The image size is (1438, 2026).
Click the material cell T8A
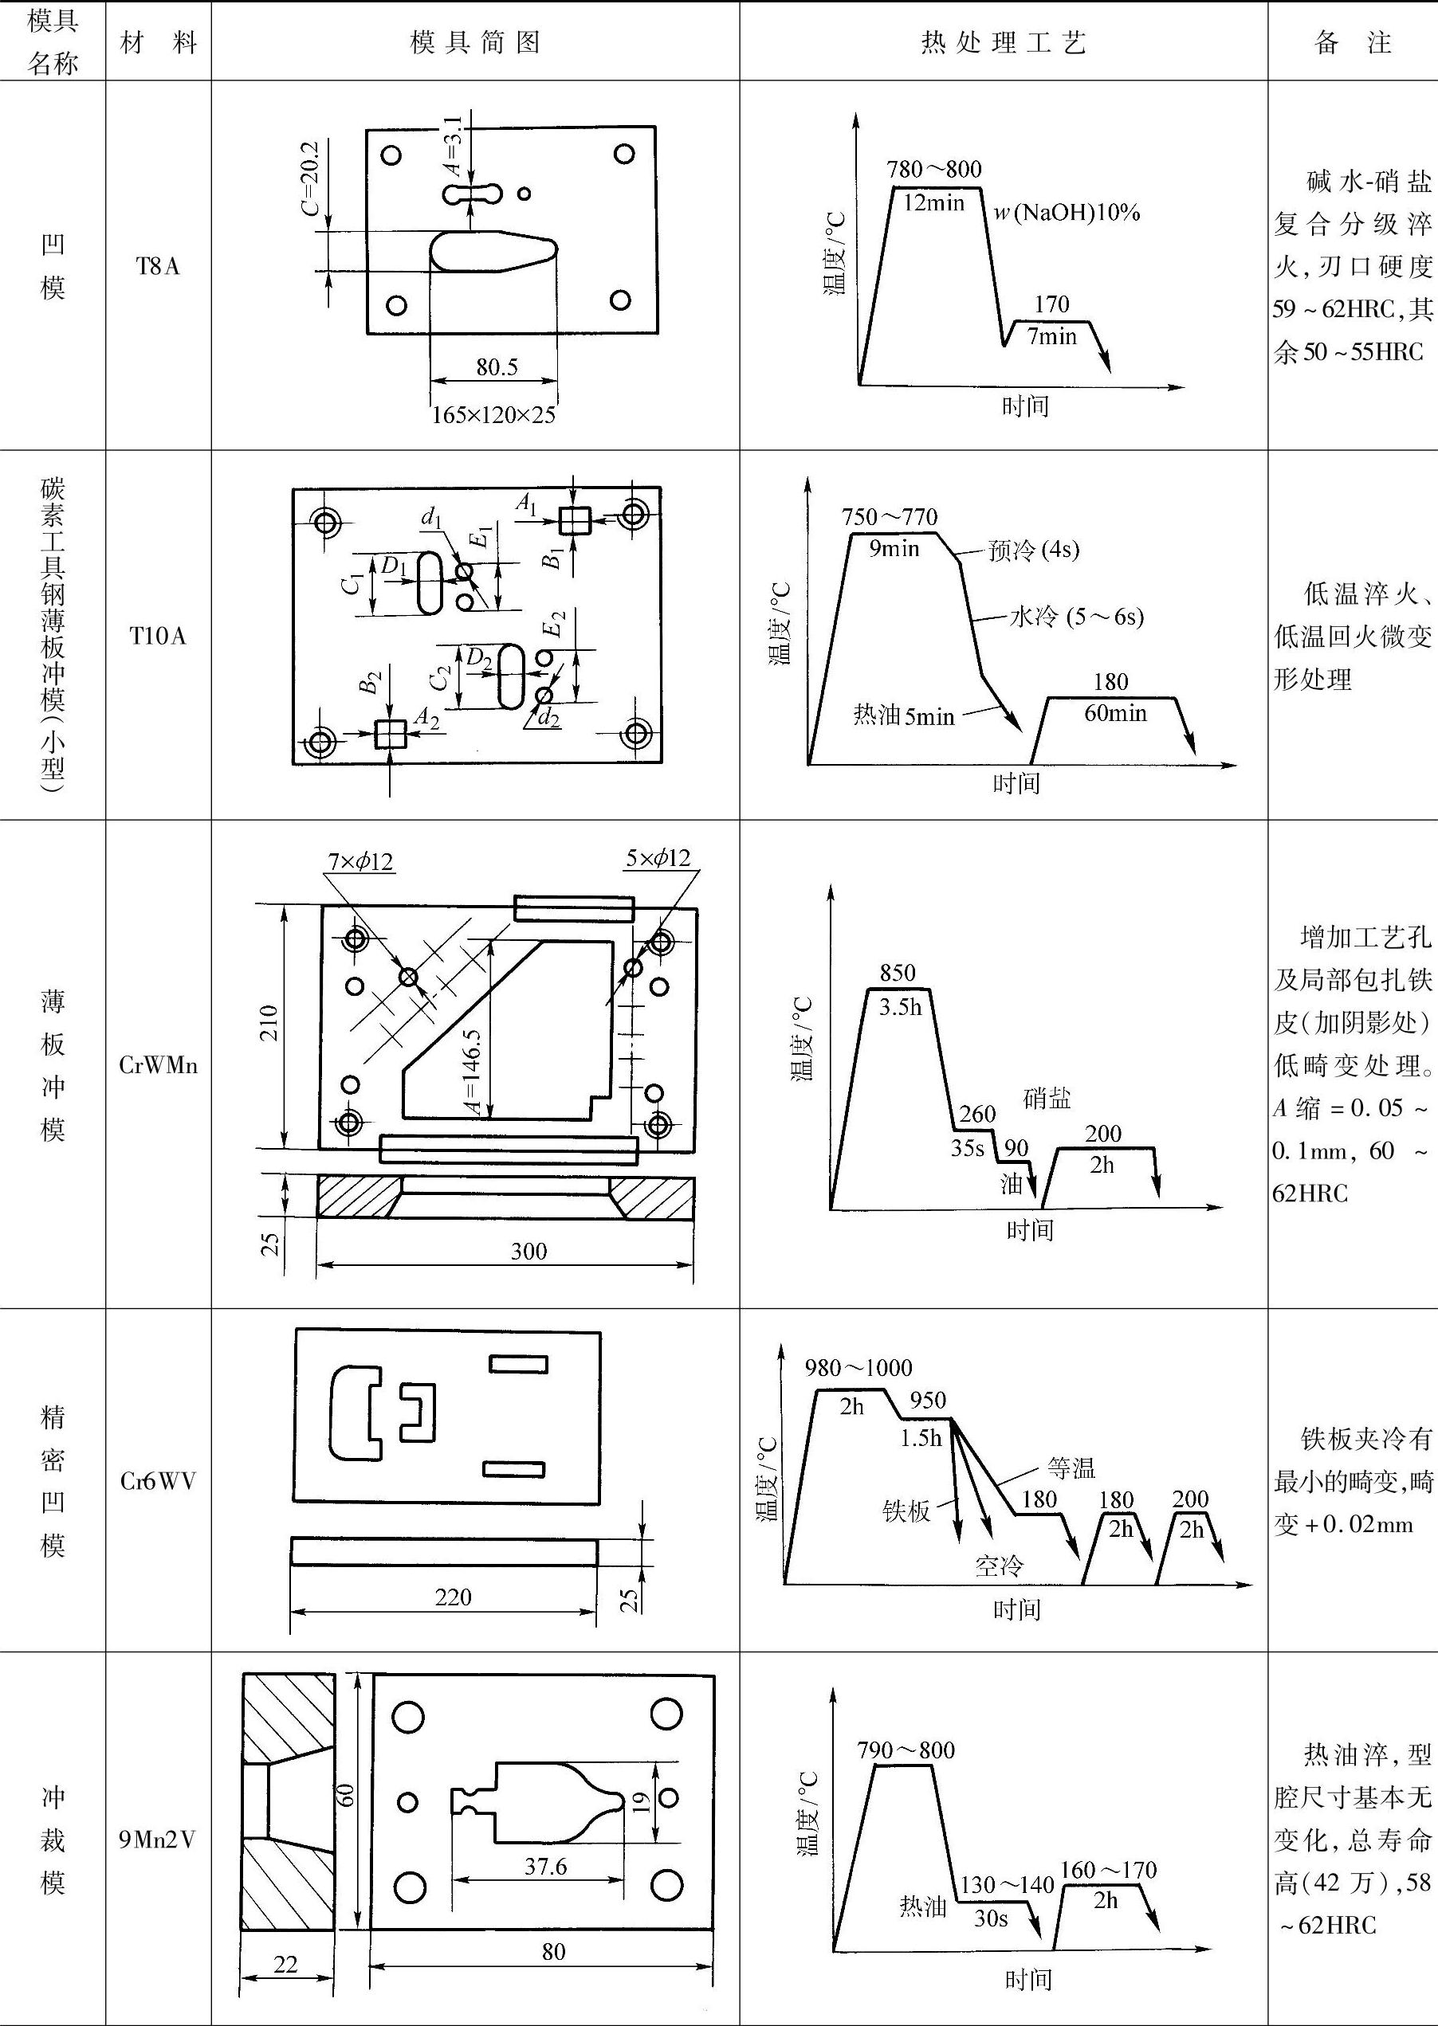[x=158, y=266]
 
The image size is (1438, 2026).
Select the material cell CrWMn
[x=158, y=1064]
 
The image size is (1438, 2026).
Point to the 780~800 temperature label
[x=934, y=169]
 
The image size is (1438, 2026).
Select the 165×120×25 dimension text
[x=493, y=414]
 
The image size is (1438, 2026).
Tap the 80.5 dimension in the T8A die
[x=496, y=367]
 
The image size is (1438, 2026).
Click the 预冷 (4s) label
[x=1034, y=551]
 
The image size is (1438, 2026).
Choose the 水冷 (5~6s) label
[x=1077, y=616]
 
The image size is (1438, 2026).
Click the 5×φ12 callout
[x=657, y=858]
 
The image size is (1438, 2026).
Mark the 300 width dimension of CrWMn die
[x=528, y=1251]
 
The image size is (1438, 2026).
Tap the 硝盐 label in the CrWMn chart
[x=1047, y=1099]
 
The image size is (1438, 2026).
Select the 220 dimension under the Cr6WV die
[x=453, y=1597]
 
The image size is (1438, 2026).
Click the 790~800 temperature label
[x=906, y=1750]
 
